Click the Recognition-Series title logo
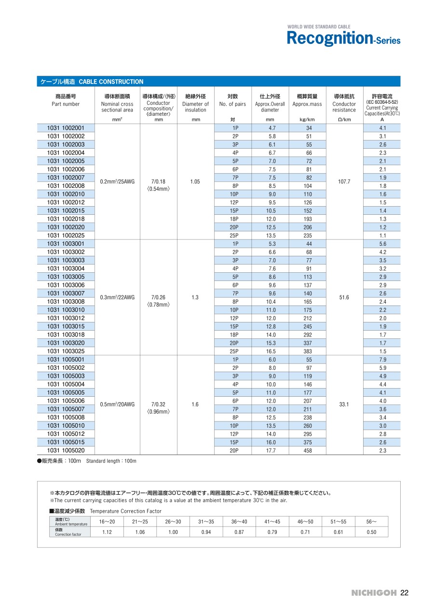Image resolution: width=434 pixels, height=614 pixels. [x=343, y=38]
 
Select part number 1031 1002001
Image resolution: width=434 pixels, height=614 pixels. [x=66, y=128]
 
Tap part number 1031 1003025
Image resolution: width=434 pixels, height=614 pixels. [x=66, y=351]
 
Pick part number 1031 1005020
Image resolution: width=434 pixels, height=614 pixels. [x=66, y=450]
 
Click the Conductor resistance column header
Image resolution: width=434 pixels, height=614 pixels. [x=344, y=104]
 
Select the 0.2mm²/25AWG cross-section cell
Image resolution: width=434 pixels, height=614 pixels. [x=117, y=181]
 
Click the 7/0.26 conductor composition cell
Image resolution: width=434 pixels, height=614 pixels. [x=159, y=297]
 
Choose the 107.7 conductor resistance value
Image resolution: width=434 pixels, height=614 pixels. [x=344, y=181]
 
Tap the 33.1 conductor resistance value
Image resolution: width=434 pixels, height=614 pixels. [x=344, y=405]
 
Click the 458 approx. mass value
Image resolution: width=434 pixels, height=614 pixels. [x=307, y=450]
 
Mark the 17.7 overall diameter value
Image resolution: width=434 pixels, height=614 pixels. [x=270, y=450]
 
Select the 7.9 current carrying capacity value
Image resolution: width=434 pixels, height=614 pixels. [x=382, y=360]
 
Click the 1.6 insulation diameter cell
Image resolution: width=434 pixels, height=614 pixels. [x=195, y=405]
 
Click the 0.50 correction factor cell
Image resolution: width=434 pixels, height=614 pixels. [x=371, y=532]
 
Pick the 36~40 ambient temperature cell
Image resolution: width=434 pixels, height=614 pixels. [x=239, y=521]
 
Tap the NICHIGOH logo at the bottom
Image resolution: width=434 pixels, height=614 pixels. [x=374, y=593]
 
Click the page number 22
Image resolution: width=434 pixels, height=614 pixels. [x=404, y=593]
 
